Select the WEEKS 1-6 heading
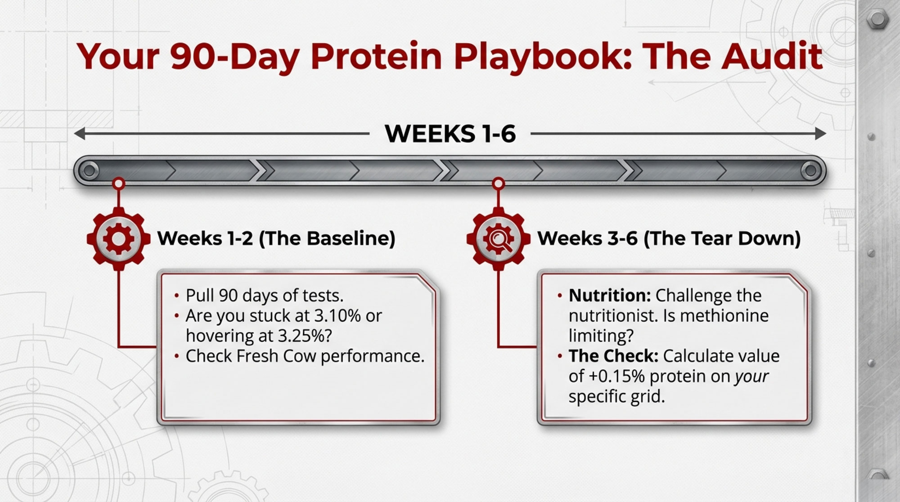coord(450,134)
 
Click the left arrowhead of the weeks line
coord(79,134)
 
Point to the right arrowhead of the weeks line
coord(820,134)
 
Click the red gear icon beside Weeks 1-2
coord(118,238)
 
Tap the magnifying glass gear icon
coord(498,238)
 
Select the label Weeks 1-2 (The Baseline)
coord(276,238)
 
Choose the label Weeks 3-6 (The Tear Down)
coord(669,238)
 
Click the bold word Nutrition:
coord(610,296)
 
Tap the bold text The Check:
coord(613,356)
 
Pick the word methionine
coord(725,316)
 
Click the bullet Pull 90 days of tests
coord(265,296)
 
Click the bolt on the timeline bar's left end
coord(89,170)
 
